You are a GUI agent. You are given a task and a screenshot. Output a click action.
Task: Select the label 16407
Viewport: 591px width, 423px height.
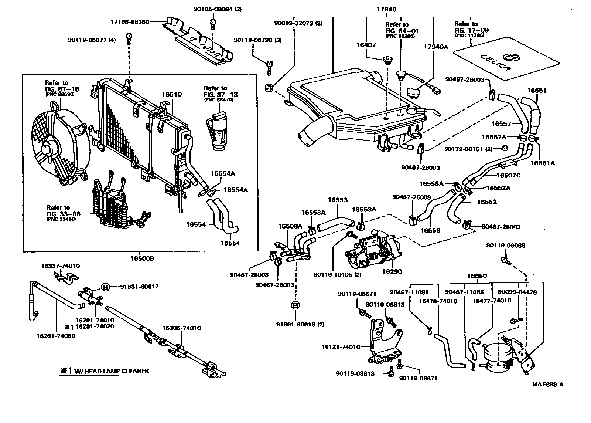pos(366,45)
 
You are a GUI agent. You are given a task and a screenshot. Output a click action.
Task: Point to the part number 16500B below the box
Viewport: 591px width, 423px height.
pos(142,258)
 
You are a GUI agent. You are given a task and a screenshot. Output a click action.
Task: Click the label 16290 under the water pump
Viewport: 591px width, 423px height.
pos(392,271)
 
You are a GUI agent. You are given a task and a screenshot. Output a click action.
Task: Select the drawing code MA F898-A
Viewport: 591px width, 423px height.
pos(547,384)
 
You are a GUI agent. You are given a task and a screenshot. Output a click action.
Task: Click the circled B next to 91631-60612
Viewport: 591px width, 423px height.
pos(105,287)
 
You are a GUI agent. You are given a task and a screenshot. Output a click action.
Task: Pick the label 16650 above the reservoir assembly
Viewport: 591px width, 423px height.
pos(476,276)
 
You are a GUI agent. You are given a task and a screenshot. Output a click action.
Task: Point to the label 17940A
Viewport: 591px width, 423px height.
pos(436,47)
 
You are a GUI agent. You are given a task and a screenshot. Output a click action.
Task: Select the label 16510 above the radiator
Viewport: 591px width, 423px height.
pos(172,95)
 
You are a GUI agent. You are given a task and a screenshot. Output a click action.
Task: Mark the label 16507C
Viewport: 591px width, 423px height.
pos(508,175)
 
